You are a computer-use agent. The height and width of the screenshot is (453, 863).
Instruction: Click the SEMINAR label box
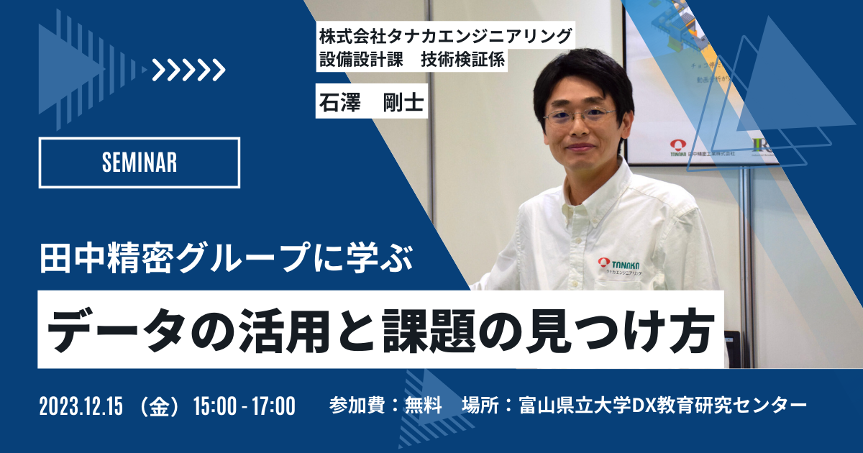pos(139,163)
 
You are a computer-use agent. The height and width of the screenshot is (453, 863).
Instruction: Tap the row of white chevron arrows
pos(189,70)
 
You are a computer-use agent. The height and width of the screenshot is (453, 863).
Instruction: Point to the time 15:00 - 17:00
pos(245,406)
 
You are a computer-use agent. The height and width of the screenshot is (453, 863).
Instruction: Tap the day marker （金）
pos(160,406)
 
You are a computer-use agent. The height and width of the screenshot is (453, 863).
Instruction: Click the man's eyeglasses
pos(580,115)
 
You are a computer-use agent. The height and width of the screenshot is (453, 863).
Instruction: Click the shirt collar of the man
pos(568,191)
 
